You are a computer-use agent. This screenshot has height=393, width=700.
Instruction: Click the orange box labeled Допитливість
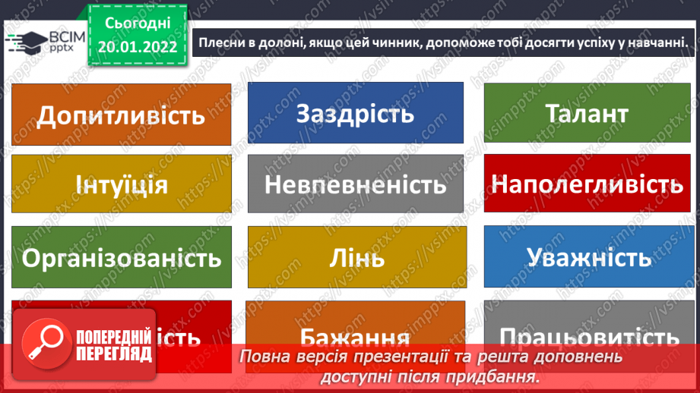122,115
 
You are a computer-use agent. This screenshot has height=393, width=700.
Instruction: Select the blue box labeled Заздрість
355,113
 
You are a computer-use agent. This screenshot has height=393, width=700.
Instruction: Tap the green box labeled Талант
587,113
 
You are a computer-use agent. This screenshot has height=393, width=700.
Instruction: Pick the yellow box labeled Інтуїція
122,184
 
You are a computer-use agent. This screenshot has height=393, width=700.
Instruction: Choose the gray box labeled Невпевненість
355,184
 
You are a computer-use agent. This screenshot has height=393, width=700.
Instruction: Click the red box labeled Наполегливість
587,184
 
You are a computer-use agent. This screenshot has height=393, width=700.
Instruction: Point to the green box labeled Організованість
122,257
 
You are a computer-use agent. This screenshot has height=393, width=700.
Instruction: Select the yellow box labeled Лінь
355,257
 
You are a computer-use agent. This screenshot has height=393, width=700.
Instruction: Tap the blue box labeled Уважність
587,257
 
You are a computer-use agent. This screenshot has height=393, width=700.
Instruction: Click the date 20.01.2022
137,46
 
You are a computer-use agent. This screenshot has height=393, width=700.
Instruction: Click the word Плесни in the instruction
221,42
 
